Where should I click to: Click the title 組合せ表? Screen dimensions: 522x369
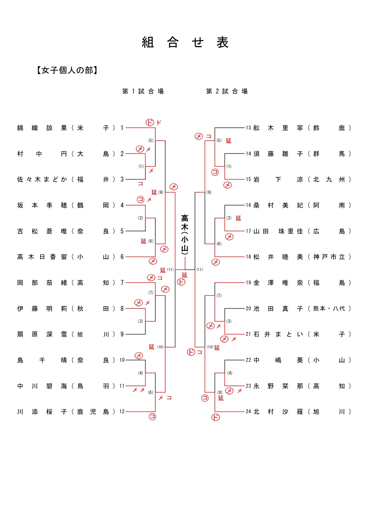[x=185, y=42]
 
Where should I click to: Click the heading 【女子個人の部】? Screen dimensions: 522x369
[x=67, y=70]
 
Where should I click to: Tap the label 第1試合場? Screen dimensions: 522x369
[x=143, y=91]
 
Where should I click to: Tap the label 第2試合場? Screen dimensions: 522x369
[x=227, y=91]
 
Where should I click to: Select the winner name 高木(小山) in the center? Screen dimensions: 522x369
[x=185, y=235]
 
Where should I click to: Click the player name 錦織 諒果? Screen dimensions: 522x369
[x=42, y=128]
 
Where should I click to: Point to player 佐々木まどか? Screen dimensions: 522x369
[x=42, y=179]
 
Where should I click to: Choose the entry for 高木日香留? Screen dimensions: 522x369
[x=42, y=257]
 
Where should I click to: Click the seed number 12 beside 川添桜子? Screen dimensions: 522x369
[x=122, y=412]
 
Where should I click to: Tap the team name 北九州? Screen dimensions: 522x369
[x=329, y=179]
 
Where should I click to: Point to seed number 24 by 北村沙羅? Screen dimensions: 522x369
[x=248, y=412]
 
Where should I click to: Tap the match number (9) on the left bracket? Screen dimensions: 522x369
[x=161, y=192]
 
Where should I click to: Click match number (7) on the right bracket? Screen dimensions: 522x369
[x=219, y=295]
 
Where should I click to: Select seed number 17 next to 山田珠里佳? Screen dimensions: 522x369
[x=248, y=231]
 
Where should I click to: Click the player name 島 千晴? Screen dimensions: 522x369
[x=42, y=360]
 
